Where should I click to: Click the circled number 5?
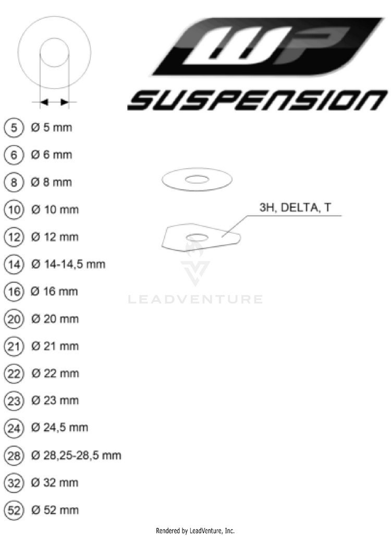pyautogui.click(x=14, y=128)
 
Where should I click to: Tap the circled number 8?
pyautogui.click(x=14, y=182)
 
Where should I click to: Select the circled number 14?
pyautogui.click(x=14, y=264)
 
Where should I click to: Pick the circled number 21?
pyautogui.click(x=14, y=346)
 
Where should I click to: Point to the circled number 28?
pyautogui.click(x=14, y=455)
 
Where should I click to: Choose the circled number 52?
pyautogui.click(x=14, y=509)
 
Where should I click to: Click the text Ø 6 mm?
pyautogui.click(x=52, y=155)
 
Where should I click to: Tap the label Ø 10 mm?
pyautogui.click(x=55, y=209)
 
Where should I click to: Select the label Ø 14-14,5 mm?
pyautogui.click(x=68, y=264)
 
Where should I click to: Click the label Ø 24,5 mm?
pyautogui.click(x=59, y=428)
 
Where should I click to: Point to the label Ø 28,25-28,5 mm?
pyautogui.click(x=76, y=455)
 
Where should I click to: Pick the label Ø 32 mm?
pyautogui.click(x=55, y=482)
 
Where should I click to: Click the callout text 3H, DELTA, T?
pyautogui.click(x=295, y=208)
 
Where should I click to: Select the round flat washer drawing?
pyautogui.click(x=196, y=181)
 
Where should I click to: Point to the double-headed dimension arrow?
pyautogui.click(x=55, y=102)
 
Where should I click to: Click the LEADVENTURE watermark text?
pyautogui.click(x=195, y=300)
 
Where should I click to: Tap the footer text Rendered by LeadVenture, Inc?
pyautogui.click(x=195, y=530)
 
